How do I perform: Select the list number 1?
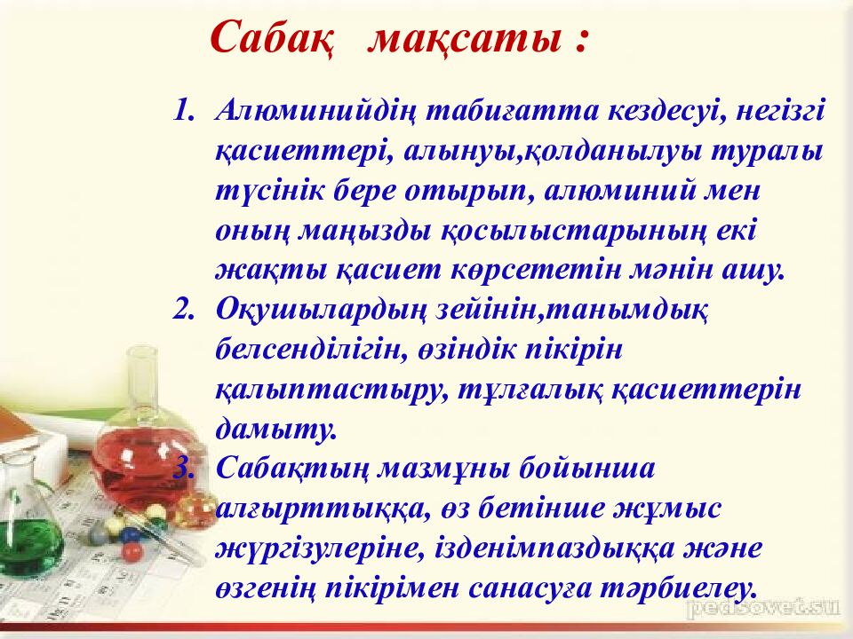183,110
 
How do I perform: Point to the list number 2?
183,309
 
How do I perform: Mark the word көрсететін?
536,270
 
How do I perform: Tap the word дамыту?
276,429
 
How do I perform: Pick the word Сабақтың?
292,469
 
